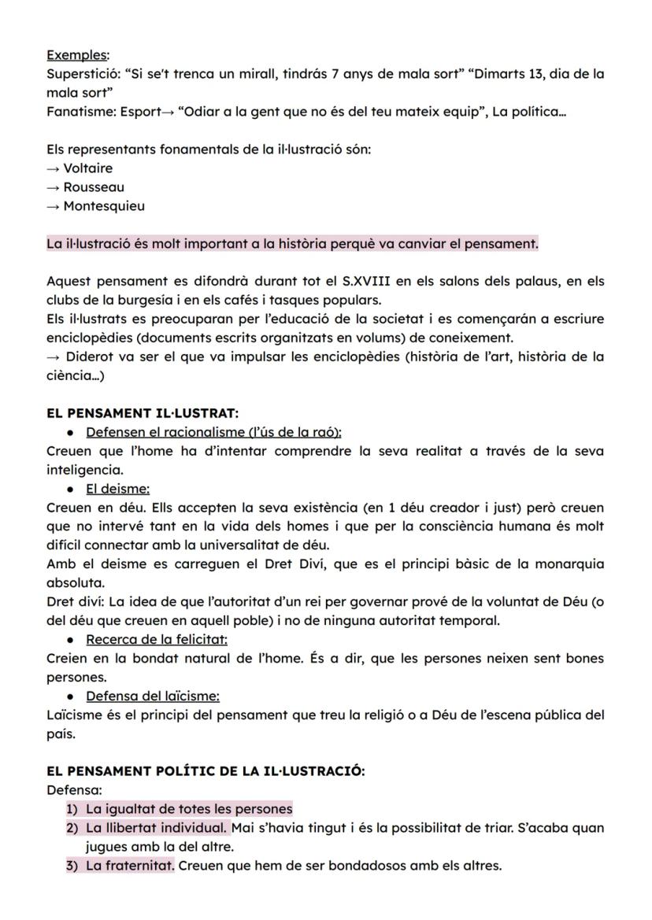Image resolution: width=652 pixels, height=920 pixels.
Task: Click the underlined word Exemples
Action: [x=77, y=55]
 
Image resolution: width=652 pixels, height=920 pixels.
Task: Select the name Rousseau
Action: [x=93, y=187]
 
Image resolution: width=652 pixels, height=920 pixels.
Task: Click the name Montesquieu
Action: [x=104, y=206]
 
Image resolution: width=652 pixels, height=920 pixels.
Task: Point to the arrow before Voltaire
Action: [x=54, y=168]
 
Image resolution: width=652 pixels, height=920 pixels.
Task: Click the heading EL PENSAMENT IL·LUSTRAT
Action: [x=143, y=413]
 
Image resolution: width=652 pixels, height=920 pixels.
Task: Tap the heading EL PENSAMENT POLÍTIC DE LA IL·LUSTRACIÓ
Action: [x=206, y=771]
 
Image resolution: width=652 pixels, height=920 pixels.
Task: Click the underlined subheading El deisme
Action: [x=117, y=489]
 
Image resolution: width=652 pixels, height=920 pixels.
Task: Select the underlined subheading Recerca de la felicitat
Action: [x=157, y=639]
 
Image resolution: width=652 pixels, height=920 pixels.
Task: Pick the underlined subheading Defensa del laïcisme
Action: [x=153, y=696]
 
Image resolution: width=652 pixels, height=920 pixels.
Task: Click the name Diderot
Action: [x=88, y=357]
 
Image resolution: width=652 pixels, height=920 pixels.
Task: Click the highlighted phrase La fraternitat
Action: [x=130, y=866]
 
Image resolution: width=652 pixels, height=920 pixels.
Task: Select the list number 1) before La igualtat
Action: [x=74, y=809]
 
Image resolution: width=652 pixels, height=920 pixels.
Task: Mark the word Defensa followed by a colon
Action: [x=72, y=790]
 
